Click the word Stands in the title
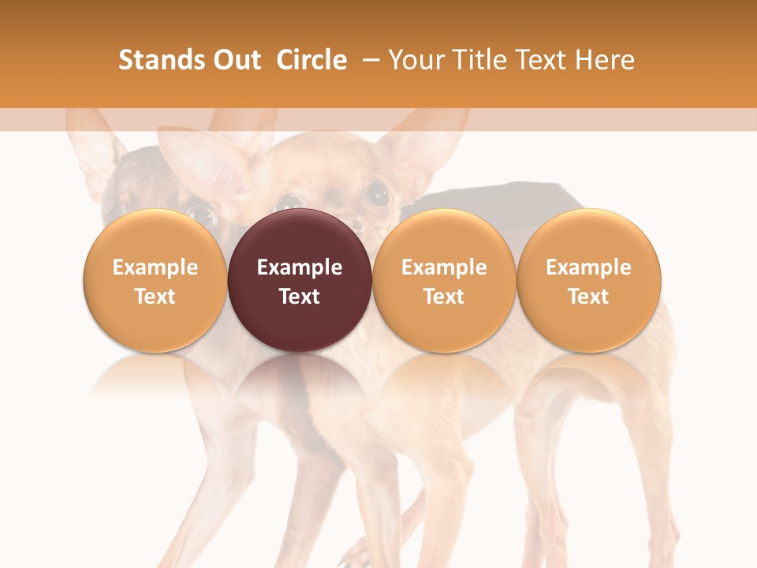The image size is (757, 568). coord(152,60)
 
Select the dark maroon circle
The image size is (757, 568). coord(300,280)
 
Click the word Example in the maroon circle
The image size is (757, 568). coord(300,267)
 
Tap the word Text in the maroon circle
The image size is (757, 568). coord(300,297)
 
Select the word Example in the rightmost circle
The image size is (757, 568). coord(588,267)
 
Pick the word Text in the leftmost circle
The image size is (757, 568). coord(155,297)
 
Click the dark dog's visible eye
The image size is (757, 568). coord(200,214)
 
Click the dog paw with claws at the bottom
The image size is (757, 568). coord(351,557)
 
